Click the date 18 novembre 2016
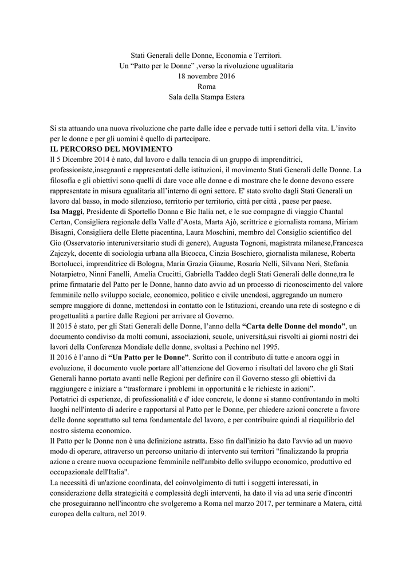click(x=207, y=76)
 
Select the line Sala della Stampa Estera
click(x=207, y=97)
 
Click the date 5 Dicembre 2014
click(x=86, y=160)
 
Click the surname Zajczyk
click(x=65, y=252)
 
